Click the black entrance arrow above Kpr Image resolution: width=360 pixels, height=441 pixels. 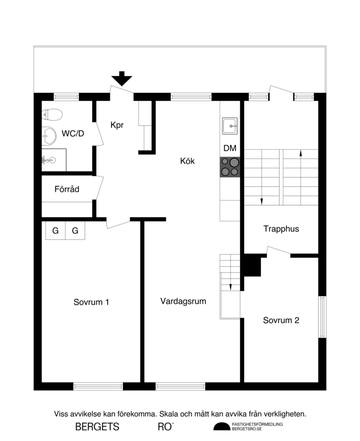tap(122, 79)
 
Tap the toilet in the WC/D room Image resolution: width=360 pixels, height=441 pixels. tap(52, 115)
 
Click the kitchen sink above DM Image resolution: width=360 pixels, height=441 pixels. tap(230, 126)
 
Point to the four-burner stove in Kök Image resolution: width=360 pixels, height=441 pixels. tap(230, 167)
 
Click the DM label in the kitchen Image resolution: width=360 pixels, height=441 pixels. tap(230, 149)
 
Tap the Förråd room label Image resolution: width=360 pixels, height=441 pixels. tap(67, 189)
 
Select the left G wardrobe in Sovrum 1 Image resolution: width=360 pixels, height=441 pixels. tap(56, 231)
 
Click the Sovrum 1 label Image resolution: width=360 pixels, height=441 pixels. tap(91, 302)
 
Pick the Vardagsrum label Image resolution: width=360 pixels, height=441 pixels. tap(183, 301)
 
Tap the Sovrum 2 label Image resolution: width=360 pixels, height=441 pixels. tap(281, 320)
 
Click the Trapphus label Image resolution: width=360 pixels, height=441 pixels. tap(281, 229)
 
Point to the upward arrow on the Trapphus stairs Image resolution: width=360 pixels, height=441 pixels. tap(300, 153)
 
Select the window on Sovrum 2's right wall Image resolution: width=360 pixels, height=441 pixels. tap(322, 317)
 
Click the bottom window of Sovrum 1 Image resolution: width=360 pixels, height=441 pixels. tap(98, 386)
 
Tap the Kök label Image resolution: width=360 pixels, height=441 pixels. tap(187, 161)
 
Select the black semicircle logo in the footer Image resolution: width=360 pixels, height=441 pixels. tap(222, 427)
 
